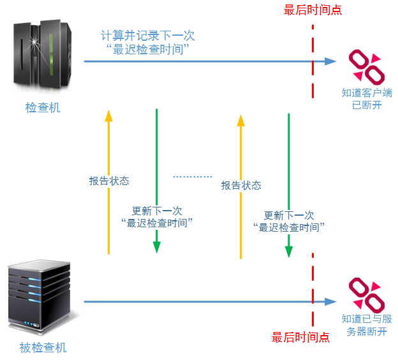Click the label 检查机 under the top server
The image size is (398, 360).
point(43,107)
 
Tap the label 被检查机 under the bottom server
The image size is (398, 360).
point(43,347)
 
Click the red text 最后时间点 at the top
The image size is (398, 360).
point(313,10)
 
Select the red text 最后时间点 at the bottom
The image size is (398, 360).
point(300,338)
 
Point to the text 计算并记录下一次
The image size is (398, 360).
point(148,35)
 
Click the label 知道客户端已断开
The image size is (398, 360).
point(367,99)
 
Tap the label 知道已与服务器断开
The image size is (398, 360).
point(367,325)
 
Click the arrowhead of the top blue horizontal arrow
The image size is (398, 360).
point(331,61)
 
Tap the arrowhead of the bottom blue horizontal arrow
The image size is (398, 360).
point(331,301)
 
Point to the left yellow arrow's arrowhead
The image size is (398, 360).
point(108,116)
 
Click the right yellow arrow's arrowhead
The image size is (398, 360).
point(240,120)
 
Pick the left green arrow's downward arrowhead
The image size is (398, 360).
point(157,247)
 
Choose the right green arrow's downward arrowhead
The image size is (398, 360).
point(289,251)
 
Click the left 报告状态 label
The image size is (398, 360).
point(109,181)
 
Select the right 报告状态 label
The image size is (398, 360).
point(241,185)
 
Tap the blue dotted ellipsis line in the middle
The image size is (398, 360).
point(193,177)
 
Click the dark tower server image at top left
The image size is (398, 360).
point(42,55)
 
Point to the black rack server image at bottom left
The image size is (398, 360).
point(40,296)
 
